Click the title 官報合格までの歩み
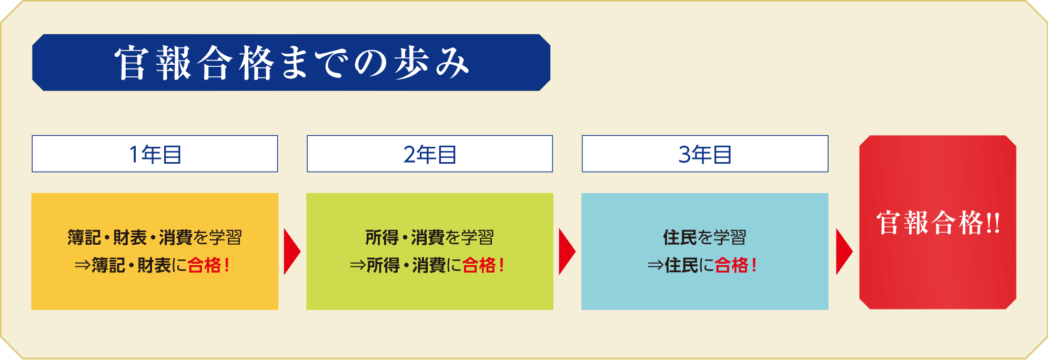tap(291, 63)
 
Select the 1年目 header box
tap(155, 154)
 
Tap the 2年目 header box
tap(430, 154)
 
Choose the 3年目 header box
tap(705, 154)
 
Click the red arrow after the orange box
tap(291, 252)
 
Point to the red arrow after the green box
tap(567, 252)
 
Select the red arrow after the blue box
tap(844, 252)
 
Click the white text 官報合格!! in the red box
tap(938, 223)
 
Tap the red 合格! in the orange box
tap(208, 265)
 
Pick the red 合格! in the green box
tap(483, 265)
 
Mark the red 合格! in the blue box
tap(736, 265)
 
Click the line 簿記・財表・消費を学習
tap(155, 237)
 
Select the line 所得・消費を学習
tap(430, 237)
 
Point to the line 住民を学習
tap(705, 237)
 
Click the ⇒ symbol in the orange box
tap(83, 265)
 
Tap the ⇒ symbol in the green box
tap(358, 265)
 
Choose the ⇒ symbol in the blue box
tap(656, 265)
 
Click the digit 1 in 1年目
tap(134, 155)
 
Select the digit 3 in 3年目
tap(684, 155)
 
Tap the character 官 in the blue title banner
tap(130, 63)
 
